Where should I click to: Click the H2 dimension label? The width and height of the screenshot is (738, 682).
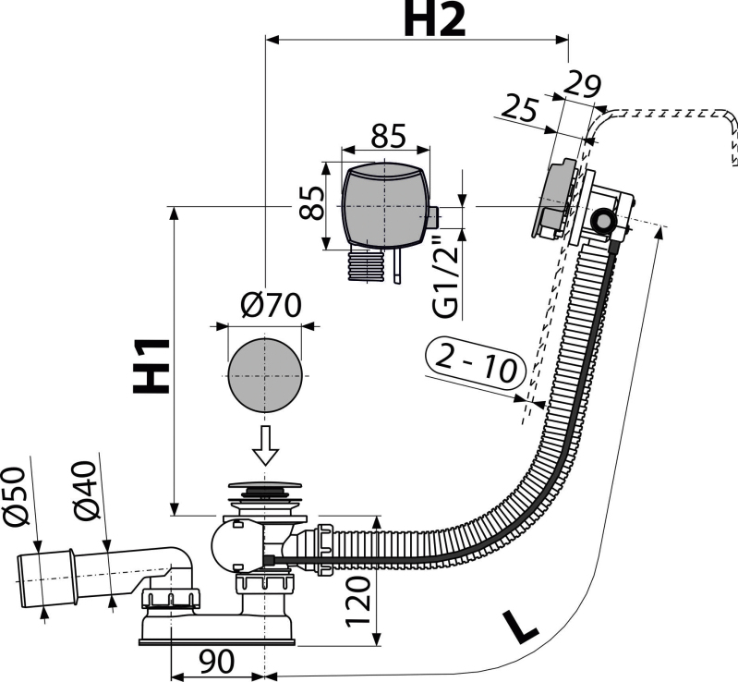(434, 19)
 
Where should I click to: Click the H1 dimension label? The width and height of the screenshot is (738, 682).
(151, 366)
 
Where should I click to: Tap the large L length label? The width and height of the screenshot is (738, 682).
(520, 627)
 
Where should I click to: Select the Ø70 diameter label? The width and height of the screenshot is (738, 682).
(271, 305)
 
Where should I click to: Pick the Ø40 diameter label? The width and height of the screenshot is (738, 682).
(85, 491)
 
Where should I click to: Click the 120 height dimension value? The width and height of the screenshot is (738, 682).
(358, 602)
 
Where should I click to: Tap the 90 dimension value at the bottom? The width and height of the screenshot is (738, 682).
(216, 662)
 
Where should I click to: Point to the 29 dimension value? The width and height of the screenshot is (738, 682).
(582, 85)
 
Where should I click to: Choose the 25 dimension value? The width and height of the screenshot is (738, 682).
(519, 108)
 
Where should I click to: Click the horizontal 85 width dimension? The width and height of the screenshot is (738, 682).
(388, 136)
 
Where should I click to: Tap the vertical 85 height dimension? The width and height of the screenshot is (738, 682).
(311, 202)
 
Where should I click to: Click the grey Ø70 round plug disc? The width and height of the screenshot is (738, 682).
(264, 375)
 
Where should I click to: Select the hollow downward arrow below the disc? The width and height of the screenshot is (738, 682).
(265, 445)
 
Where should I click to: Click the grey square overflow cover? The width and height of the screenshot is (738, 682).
(385, 205)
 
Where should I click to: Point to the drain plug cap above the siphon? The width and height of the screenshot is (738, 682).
(264, 485)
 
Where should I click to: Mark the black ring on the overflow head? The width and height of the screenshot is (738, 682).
(602, 221)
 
